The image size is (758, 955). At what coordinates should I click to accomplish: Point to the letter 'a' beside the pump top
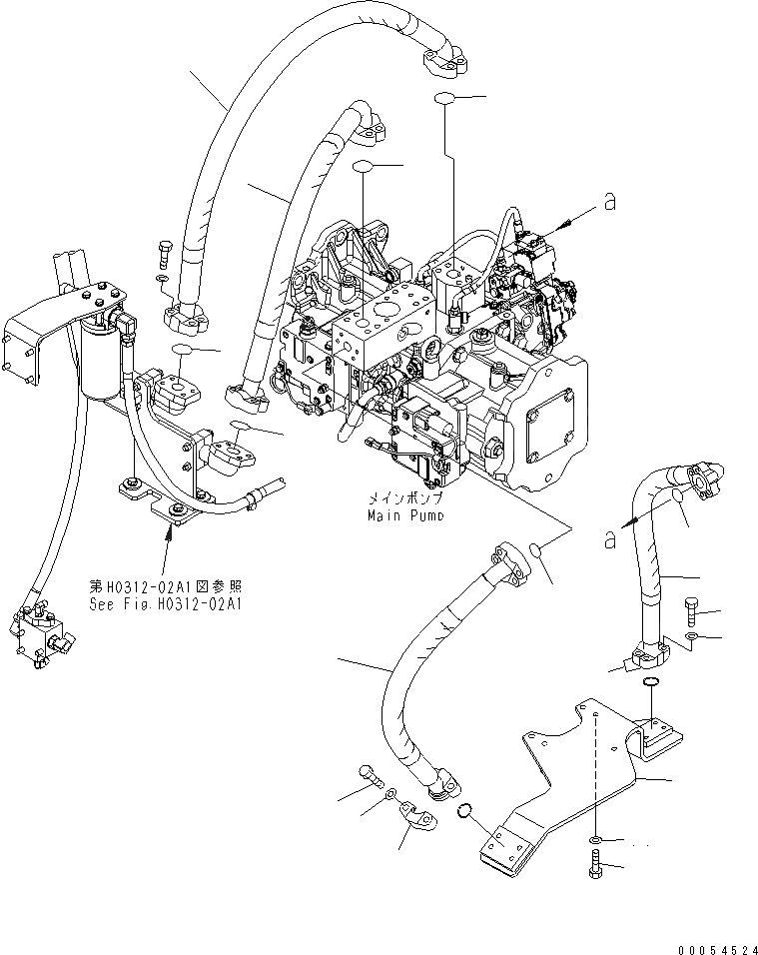608,203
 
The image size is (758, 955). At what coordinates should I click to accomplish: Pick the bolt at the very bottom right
595,865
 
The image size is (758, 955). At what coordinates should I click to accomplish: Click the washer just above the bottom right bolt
595,838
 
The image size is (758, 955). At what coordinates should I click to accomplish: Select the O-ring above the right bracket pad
650,682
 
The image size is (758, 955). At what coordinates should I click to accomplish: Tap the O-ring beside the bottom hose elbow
465,810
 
